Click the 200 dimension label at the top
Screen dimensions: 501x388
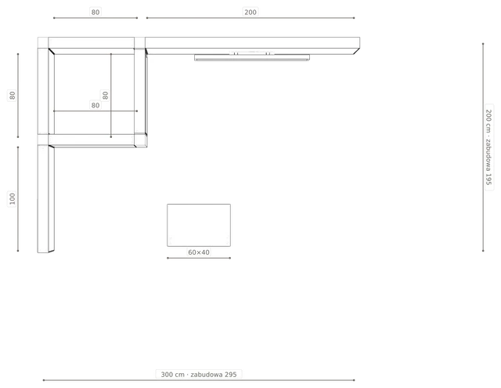(x=250, y=13)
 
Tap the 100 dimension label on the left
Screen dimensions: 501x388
(x=13, y=198)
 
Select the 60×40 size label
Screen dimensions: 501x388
(x=199, y=252)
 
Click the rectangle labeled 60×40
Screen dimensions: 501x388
(x=199, y=225)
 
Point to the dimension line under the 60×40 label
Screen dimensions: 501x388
(x=199, y=258)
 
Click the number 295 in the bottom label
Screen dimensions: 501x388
(x=230, y=375)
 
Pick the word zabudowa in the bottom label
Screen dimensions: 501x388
(x=207, y=375)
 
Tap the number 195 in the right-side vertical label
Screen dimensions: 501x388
(x=488, y=179)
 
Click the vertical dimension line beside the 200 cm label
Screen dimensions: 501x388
(x=483, y=147)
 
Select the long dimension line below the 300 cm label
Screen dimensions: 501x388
(x=199, y=380)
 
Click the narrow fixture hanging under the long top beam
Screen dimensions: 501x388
(x=252, y=57)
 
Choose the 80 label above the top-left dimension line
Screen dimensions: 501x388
(x=96, y=13)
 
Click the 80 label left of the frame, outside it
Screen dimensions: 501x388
(x=13, y=96)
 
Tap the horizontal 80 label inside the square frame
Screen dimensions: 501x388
(x=96, y=105)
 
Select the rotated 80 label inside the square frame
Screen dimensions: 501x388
(x=105, y=96)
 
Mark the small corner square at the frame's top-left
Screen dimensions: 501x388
(x=43, y=42)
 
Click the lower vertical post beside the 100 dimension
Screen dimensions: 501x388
(x=46, y=198)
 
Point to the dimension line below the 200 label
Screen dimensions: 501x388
(x=250, y=18)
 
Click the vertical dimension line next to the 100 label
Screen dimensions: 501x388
(x=18, y=199)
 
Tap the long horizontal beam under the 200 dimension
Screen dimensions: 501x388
(x=252, y=45)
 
